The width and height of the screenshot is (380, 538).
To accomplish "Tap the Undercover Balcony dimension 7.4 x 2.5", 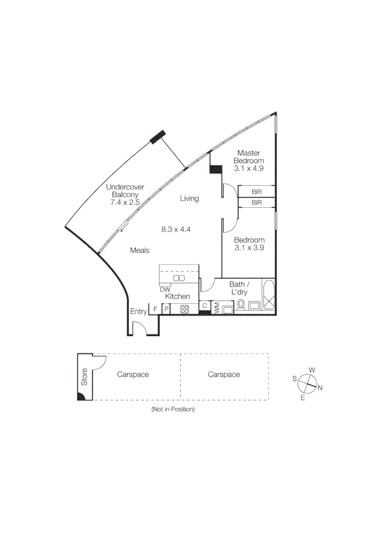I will [x=125, y=203].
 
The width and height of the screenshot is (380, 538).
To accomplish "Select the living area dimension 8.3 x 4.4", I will [x=176, y=230].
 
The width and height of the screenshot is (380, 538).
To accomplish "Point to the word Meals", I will [x=140, y=251].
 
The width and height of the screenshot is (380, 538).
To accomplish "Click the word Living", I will [x=189, y=199].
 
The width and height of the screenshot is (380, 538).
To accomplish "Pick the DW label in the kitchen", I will [x=165, y=289].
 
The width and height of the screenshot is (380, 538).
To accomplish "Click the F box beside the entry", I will [x=155, y=309].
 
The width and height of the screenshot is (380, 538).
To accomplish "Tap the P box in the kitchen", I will [x=166, y=309].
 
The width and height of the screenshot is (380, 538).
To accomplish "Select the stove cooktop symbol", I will [x=185, y=309].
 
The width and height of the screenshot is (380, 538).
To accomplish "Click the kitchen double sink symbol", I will [x=179, y=278].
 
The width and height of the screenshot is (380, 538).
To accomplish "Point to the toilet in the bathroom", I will [x=241, y=304].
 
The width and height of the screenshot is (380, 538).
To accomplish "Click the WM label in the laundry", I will [x=217, y=308].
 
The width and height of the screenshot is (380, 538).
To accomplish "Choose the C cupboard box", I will [x=205, y=305].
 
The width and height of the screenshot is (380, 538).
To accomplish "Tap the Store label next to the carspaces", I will [x=85, y=377].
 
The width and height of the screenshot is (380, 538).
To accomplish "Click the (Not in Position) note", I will [x=173, y=409].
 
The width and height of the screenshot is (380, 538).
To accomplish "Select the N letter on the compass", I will [x=320, y=388].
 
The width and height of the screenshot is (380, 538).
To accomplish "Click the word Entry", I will [x=138, y=312].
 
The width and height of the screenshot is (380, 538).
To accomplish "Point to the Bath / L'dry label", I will [x=238, y=288].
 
